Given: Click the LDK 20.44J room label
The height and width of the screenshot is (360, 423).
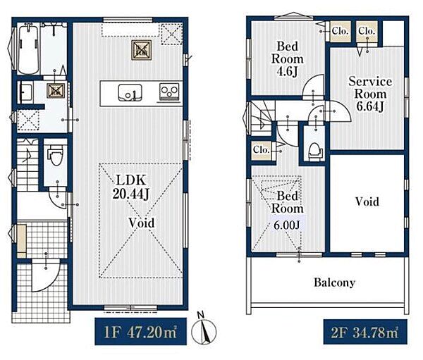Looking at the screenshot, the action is (131, 187).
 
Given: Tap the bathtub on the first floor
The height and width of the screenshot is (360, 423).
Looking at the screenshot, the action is (28, 49).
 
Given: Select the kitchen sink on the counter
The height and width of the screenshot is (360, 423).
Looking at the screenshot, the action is (130, 93).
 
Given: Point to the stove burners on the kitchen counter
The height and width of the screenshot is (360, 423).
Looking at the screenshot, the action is (169, 92).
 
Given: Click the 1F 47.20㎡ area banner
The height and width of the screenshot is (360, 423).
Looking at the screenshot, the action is (140, 331).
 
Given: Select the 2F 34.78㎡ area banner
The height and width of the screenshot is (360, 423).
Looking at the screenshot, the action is (365, 332).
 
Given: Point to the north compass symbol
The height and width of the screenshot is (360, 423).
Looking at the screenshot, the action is (204, 329).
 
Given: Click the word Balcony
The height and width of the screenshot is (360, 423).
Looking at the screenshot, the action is (334, 283).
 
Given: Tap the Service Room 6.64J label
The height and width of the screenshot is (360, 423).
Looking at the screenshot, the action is (370, 94).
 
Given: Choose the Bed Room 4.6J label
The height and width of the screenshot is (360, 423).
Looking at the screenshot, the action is (288, 58).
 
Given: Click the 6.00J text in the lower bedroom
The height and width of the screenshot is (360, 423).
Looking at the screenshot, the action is (287, 225).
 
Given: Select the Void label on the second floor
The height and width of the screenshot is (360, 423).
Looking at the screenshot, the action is (367, 201).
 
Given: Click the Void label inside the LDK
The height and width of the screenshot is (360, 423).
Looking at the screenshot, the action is (142, 223).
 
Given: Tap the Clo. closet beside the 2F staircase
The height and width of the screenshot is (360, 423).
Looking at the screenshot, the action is (262, 149).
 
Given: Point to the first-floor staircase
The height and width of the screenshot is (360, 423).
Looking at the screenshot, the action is (27, 164).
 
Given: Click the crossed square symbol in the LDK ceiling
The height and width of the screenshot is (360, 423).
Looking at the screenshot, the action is (142, 50).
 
